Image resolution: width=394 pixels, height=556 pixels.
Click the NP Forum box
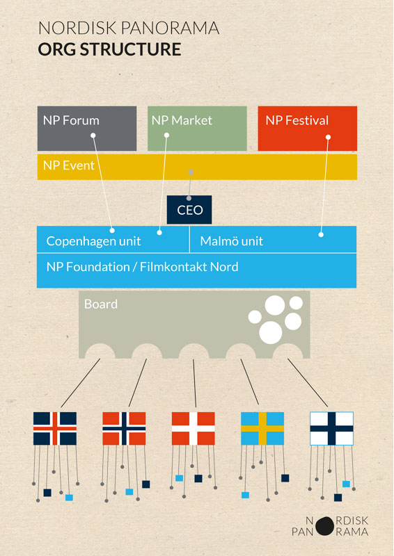click(87, 129)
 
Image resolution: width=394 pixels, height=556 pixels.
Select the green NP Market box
click(197, 129)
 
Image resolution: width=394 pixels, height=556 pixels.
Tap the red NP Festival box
click(307, 129)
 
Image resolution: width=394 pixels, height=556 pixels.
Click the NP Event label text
click(69, 165)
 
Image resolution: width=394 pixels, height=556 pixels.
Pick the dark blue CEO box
click(189, 210)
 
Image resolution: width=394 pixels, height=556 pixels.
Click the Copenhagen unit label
click(93, 241)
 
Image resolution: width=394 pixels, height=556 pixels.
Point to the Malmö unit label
click(231, 241)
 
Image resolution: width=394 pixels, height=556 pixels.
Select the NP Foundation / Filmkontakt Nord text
click(142, 267)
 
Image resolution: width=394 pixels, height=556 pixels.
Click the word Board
click(100, 304)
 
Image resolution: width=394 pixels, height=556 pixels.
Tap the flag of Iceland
click(55, 428)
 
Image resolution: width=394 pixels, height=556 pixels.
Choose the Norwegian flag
click(124, 428)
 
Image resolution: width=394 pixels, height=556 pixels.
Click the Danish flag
click(194, 428)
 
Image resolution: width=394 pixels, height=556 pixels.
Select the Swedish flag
click(262, 428)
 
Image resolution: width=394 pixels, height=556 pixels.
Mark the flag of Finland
click(331, 428)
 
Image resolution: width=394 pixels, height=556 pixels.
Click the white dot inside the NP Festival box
click(329, 137)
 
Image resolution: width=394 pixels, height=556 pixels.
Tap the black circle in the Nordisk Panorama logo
click(324, 526)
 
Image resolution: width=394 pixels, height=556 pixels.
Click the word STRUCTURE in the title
click(130, 49)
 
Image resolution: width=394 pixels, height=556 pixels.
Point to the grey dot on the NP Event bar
click(191, 172)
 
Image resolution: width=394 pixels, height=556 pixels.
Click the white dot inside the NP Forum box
click(93, 135)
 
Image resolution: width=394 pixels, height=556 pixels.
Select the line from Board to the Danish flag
click(195, 383)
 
